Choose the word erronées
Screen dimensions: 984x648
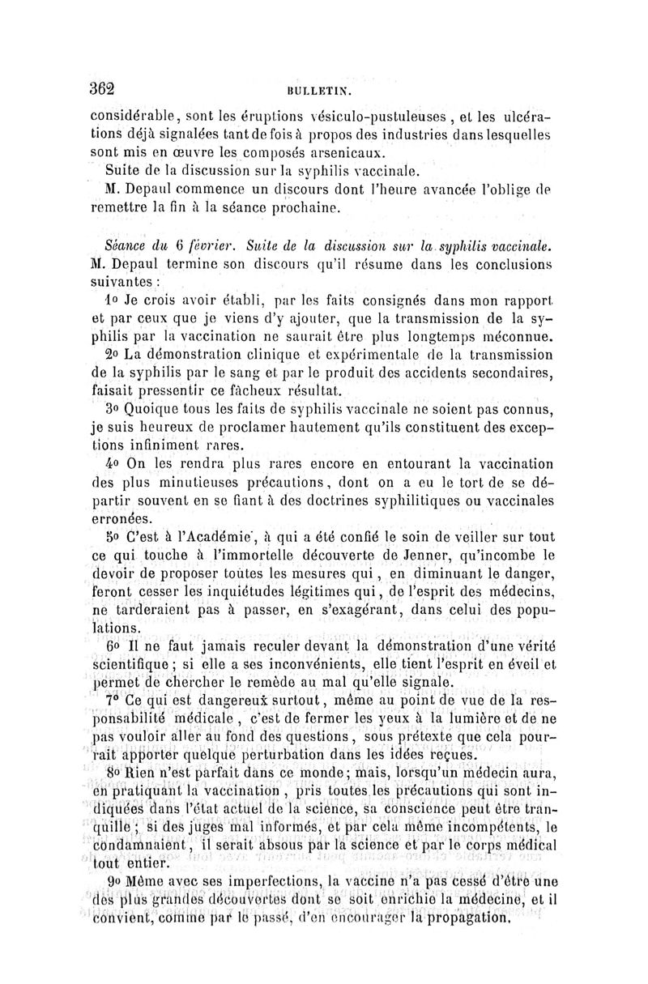(122, 520)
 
